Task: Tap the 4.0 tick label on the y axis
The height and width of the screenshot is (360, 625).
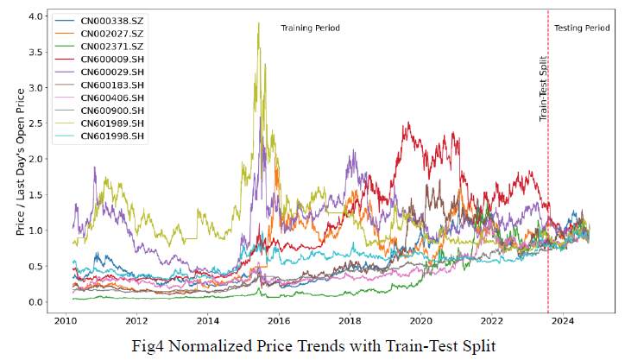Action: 35,16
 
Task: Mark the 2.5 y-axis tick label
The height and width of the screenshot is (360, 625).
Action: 35,123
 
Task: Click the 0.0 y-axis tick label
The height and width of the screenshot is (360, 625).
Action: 35,302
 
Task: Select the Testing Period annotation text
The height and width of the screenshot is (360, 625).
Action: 581,28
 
